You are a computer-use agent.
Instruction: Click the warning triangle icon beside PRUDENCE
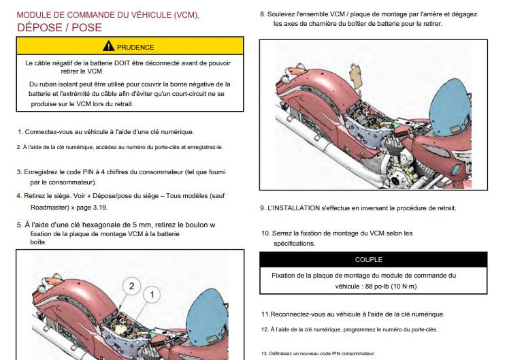(108, 47)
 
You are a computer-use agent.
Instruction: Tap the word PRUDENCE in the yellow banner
(135, 48)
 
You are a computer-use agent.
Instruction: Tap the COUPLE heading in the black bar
(368, 259)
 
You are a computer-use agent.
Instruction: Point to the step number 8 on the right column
(263, 14)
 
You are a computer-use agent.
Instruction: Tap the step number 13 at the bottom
(265, 353)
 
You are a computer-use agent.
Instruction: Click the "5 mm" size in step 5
(141, 224)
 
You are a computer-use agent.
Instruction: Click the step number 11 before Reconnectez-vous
(265, 314)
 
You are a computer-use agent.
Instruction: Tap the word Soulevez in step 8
(284, 14)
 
